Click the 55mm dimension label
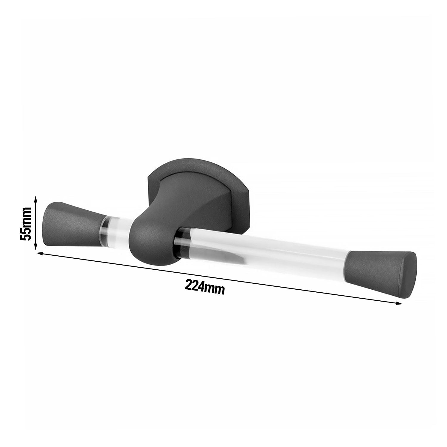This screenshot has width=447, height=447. [x=26, y=223]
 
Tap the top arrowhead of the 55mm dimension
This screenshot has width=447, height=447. [x=35, y=198]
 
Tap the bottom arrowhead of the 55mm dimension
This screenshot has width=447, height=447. [x=35, y=247]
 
